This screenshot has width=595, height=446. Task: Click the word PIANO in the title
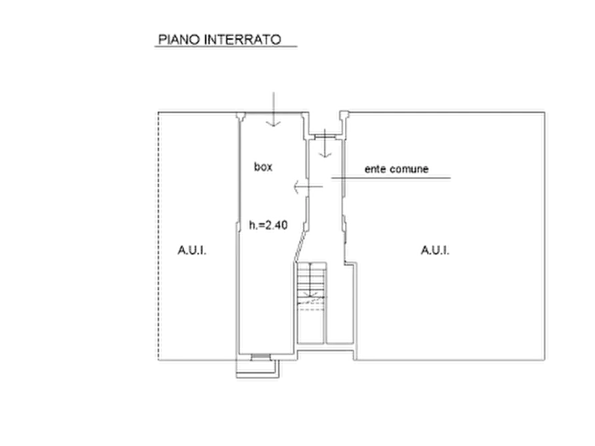click(x=179, y=39)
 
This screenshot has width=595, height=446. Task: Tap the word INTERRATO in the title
click(x=243, y=39)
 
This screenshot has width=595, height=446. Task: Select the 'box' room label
click(x=263, y=166)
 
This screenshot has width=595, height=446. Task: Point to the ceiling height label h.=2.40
click(x=269, y=225)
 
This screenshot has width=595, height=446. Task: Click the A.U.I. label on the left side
click(x=192, y=250)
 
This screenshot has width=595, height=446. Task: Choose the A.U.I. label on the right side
click(x=435, y=250)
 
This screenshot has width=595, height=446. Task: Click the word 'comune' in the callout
click(x=410, y=169)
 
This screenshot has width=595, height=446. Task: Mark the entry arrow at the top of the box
click(x=273, y=109)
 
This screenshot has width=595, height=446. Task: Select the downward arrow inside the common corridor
click(x=325, y=143)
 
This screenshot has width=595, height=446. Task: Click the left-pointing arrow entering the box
click(x=308, y=186)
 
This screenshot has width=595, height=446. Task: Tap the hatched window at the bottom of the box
click(x=261, y=357)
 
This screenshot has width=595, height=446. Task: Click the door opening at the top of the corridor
click(x=325, y=135)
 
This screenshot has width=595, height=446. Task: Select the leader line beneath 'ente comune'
click(x=391, y=178)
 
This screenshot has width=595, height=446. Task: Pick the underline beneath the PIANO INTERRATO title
click(x=226, y=47)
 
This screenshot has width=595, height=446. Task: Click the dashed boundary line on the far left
click(x=158, y=236)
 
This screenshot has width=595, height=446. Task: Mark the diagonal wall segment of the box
click(x=300, y=246)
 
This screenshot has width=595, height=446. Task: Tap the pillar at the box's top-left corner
click(x=241, y=116)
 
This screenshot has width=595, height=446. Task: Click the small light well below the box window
click(x=258, y=369)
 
